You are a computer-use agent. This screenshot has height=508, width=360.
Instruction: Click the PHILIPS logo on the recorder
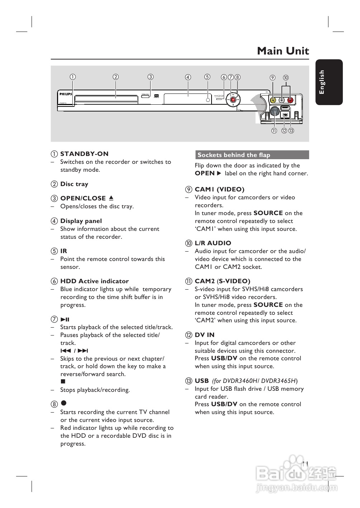66,94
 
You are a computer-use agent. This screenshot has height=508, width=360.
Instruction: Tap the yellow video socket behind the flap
273,101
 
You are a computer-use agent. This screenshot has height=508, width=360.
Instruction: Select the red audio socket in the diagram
290,101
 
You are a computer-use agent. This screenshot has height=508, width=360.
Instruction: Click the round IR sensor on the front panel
207,100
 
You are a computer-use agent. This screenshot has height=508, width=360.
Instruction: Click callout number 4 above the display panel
188,77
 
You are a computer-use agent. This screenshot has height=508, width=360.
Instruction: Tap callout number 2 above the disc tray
115,77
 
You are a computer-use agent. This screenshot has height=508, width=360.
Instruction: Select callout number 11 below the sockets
274,131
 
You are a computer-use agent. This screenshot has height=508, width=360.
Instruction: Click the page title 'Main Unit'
283,51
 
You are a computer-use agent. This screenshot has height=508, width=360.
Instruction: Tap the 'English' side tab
322,82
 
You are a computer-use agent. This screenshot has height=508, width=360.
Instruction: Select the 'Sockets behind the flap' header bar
251,155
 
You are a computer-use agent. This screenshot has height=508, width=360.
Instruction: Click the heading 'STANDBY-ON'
84,154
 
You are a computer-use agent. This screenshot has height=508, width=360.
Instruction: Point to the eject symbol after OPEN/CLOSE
111,198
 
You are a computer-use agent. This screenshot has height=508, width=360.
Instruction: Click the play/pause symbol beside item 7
65,319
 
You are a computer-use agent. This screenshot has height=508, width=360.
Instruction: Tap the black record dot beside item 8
63,404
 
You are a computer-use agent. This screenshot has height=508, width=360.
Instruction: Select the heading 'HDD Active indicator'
94,281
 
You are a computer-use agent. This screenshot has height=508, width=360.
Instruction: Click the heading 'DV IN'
204,335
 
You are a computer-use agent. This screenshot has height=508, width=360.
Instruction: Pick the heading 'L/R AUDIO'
213,243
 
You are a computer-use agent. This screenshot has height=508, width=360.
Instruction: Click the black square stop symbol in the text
63,382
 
